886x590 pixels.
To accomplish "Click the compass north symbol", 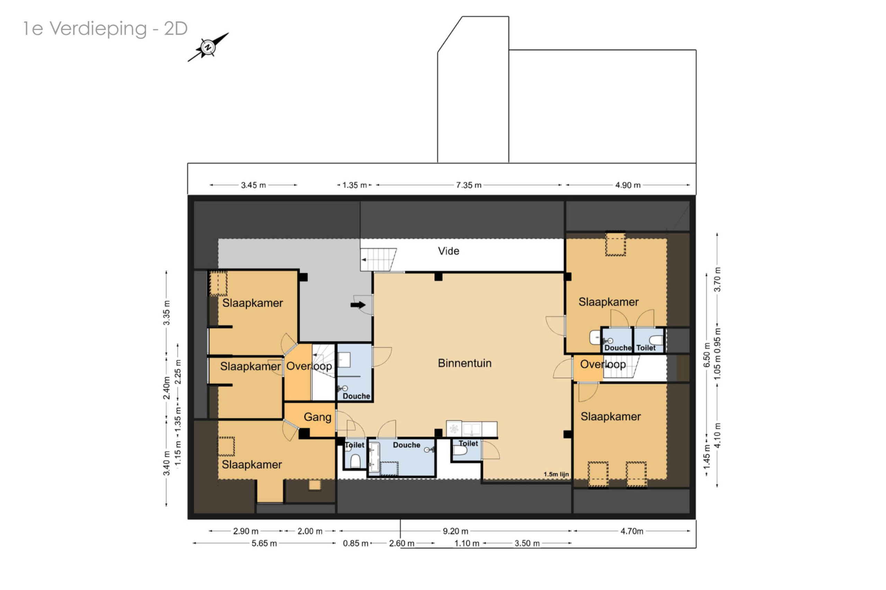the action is pyautogui.click(x=207, y=47).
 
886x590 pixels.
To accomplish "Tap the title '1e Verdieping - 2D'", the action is pyautogui.click(x=105, y=29).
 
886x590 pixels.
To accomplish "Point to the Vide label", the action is pyautogui.click(x=449, y=251).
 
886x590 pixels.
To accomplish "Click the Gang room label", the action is pyautogui.click(x=317, y=417).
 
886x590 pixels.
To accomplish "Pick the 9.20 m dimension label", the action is pyautogui.click(x=455, y=531).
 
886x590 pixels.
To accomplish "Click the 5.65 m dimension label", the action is pyautogui.click(x=264, y=543).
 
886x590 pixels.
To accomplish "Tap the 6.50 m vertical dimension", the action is pyautogui.click(x=707, y=355).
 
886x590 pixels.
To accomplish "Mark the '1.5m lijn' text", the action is pyautogui.click(x=556, y=474).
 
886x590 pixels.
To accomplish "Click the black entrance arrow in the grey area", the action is pyautogui.click(x=358, y=305).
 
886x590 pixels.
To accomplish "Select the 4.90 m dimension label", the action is pyautogui.click(x=628, y=185).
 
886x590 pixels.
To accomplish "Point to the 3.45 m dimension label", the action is pyautogui.click(x=253, y=185).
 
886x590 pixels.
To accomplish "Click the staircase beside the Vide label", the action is pyautogui.click(x=378, y=259).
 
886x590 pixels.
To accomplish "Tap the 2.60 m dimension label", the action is pyautogui.click(x=401, y=543).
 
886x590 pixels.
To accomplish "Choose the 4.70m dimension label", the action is pyautogui.click(x=632, y=531).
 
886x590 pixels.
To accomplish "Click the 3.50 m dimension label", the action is pyautogui.click(x=527, y=543).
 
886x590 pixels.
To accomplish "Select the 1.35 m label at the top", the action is pyautogui.click(x=354, y=185).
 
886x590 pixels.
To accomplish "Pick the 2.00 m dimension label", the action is pyautogui.click(x=310, y=531).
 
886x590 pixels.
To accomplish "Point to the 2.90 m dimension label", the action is pyautogui.click(x=245, y=531).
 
